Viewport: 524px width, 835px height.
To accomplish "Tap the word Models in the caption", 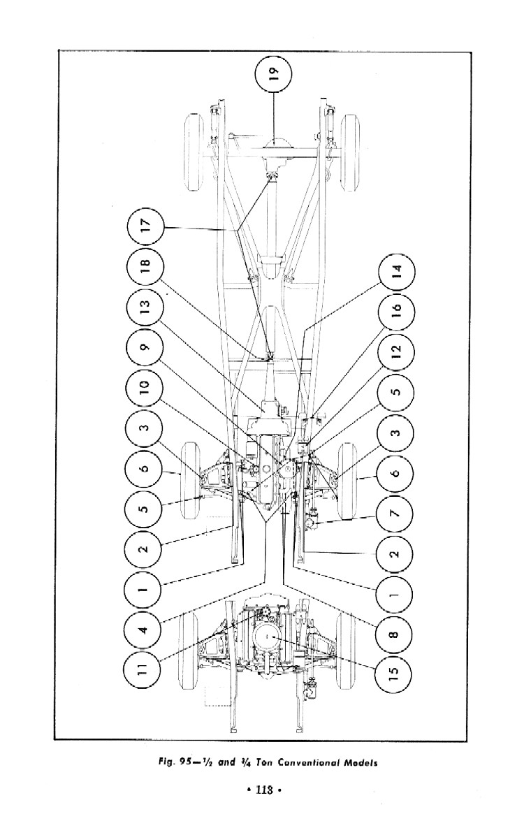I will (x=361, y=763).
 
